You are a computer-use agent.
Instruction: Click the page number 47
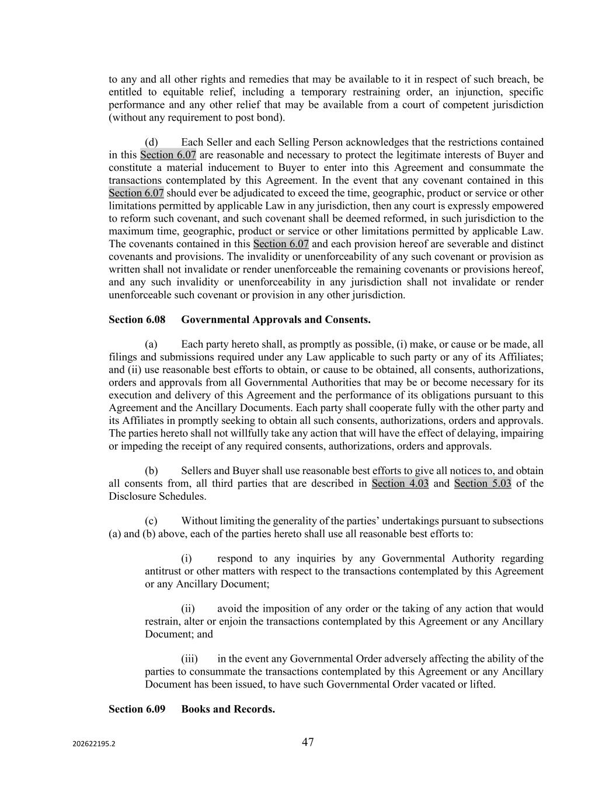[x=308, y=742]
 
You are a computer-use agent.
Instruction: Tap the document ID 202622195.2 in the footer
[x=94, y=744]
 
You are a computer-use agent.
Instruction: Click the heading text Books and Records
[x=228, y=709]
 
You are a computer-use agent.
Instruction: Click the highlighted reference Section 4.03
[x=400, y=483]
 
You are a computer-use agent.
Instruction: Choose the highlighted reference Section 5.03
[x=482, y=483]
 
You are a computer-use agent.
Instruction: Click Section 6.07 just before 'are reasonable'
[x=168, y=155]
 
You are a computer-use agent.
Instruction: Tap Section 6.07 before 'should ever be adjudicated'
[x=136, y=193]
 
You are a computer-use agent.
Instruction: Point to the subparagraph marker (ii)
[x=188, y=609]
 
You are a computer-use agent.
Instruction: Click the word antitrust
[x=163, y=571]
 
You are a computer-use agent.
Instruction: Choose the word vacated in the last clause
[x=436, y=684]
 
